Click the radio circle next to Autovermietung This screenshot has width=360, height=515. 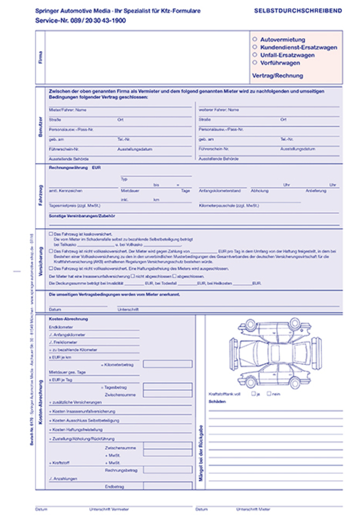(255, 39)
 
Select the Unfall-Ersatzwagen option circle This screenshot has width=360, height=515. (255, 55)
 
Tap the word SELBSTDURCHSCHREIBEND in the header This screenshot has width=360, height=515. (298, 11)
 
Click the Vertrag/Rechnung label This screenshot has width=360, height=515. (277, 76)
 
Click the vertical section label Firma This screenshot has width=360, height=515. (40, 58)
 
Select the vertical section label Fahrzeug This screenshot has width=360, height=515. (40, 192)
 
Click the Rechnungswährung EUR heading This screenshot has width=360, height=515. (75, 168)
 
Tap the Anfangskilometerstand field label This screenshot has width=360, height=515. (223, 191)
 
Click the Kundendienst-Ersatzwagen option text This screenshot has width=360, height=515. (299, 47)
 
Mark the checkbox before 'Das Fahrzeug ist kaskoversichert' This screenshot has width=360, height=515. (51, 234)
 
